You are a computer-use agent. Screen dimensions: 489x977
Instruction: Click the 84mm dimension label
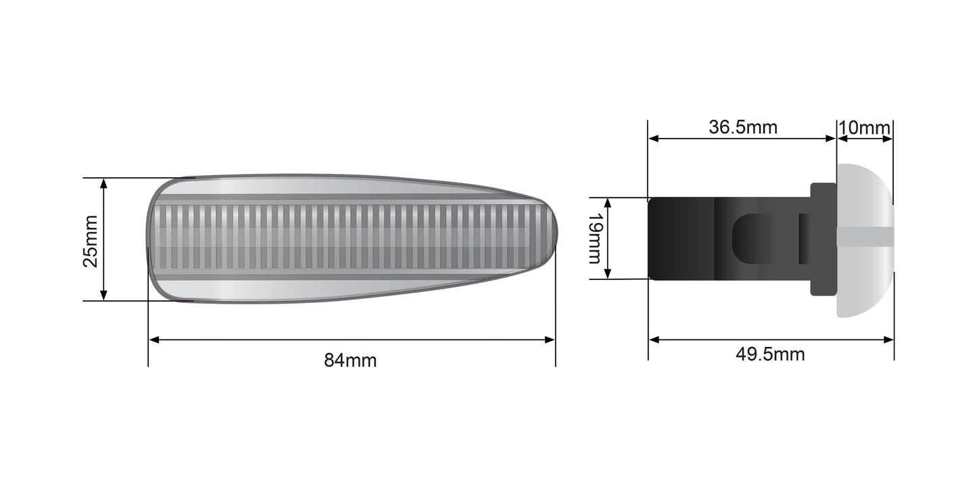tap(350, 360)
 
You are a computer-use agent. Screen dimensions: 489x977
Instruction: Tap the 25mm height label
tap(91, 241)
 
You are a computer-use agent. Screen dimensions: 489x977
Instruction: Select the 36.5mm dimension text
tap(742, 127)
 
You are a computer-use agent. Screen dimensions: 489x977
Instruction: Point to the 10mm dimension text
tap(864, 127)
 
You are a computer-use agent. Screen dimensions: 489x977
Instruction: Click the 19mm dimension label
tap(595, 238)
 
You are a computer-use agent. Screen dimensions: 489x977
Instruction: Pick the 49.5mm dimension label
tap(770, 354)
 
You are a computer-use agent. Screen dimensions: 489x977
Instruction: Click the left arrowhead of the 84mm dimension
tap(153, 340)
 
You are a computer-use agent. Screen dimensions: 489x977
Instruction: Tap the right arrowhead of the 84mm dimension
tap(550, 340)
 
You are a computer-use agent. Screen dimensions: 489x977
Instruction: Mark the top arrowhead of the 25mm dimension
tap(103, 183)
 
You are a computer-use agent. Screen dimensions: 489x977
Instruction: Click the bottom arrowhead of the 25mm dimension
tap(103, 296)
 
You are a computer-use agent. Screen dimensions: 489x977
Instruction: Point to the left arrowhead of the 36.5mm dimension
tap(653, 139)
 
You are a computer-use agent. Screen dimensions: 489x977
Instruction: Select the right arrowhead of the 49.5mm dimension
tap(889, 340)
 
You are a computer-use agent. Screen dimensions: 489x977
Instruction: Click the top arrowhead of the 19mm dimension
tap(608, 203)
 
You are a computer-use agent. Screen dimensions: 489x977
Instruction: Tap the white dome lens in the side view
tap(864, 196)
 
